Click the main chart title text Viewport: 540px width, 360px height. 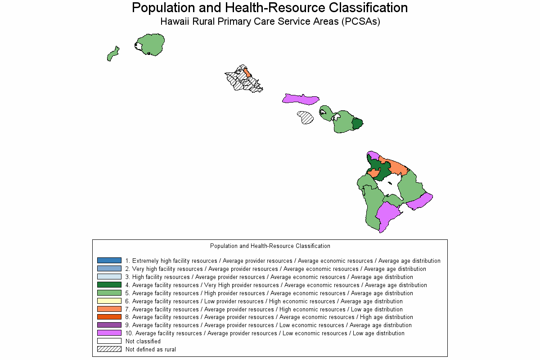pos(270,8)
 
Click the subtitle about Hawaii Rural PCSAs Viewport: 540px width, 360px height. pos(270,22)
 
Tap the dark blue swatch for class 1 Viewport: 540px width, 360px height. pos(109,261)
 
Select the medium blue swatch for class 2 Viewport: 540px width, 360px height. pos(109,269)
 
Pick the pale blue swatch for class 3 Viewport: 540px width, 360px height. pos(109,277)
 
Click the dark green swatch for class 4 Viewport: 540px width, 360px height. pos(109,285)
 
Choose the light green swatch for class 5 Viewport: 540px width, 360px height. pos(109,293)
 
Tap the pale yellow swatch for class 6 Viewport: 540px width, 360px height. pos(109,301)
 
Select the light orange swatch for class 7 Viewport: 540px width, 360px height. pos(109,309)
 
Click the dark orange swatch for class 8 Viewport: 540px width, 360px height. pos(109,317)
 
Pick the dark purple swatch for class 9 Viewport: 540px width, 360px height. pos(109,325)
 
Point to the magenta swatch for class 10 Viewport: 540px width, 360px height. pos(109,333)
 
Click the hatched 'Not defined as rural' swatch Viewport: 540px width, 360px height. pos(109,349)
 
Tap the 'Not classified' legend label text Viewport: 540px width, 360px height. pos(143,342)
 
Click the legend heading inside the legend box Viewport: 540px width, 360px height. pos(270,246)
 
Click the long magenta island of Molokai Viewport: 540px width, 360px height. pos(301,99)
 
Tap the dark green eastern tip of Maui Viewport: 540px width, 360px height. pos(357,123)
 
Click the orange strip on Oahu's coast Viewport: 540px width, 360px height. pos(247,73)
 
